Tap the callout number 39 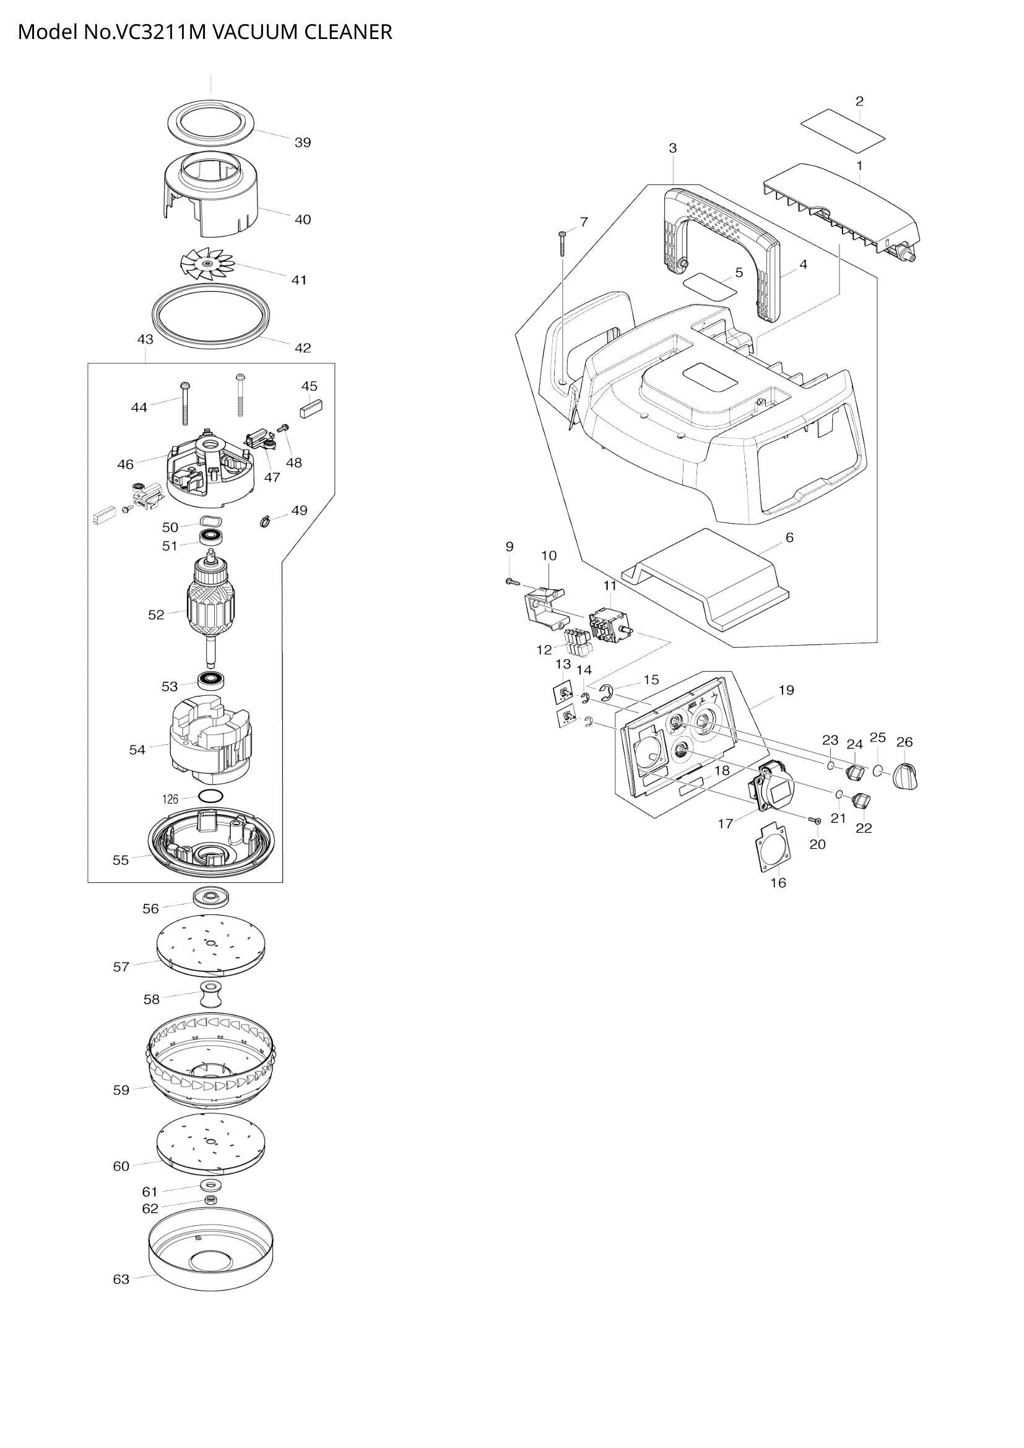click(x=303, y=142)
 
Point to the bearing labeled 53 click(x=212, y=681)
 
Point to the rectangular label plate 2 click(x=843, y=131)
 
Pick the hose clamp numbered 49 click(x=265, y=520)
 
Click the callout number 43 click(x=145, y=339)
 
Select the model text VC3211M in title click(x=160, y=32)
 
